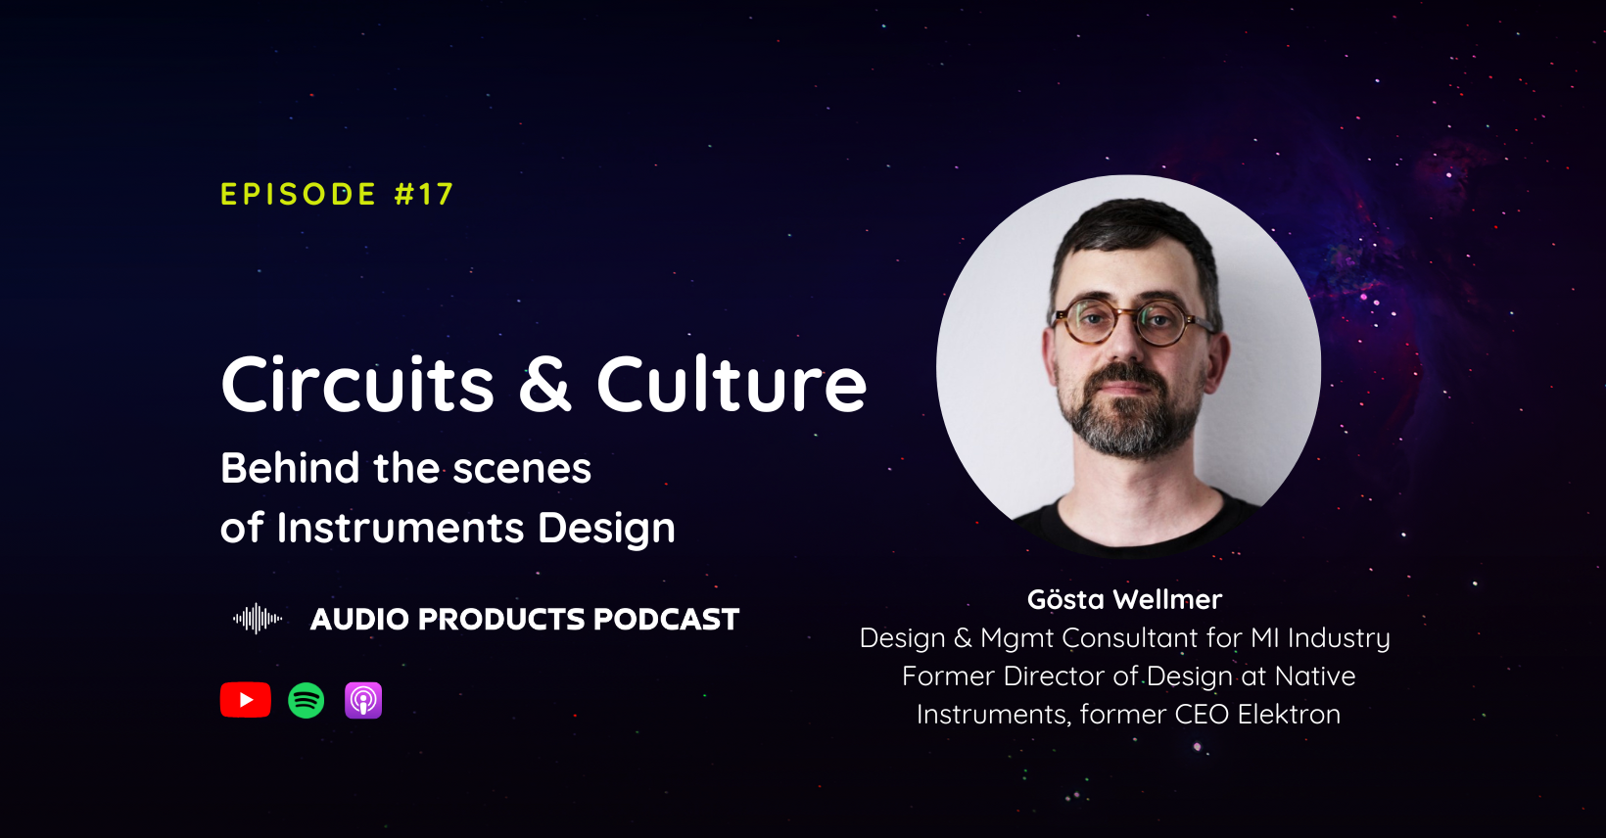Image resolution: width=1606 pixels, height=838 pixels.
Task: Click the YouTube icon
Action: (x=246, y=700)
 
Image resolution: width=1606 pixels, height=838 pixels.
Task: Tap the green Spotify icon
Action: (x=307, y=700)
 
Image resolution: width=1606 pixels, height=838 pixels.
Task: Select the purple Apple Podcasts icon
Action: (x=363, y=700)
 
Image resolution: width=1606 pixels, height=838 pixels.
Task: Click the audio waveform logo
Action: (x=258, y=619)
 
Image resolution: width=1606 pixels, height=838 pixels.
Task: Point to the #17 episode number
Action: (x=424, y=194)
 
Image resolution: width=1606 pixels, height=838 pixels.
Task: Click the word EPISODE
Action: (x=299, y=194)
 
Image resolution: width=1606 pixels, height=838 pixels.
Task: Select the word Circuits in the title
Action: (x=357, y=384)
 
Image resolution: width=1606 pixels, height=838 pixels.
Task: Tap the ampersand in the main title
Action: (x=544, y=384)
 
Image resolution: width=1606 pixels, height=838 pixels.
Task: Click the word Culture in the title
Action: (x=732, y=384)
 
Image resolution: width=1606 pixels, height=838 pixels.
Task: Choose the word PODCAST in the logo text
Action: (x=666, y=619)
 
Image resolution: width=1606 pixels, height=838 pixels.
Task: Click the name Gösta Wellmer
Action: (x=1124, y=599)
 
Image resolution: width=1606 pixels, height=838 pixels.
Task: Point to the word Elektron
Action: (x=1289, y=715)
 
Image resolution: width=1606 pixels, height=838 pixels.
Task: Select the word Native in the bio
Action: (x=1315, y=676)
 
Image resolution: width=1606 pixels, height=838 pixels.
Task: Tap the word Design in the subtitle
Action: (x=606, y=529)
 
